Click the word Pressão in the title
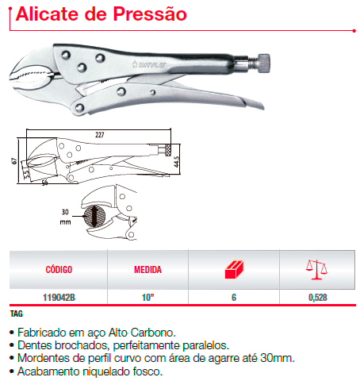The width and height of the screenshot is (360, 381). coord(150,14)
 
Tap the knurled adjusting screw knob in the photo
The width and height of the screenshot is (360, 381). coord(263,63)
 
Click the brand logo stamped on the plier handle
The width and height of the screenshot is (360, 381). coord(149,64)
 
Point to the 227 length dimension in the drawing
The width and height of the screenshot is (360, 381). coord(100,135)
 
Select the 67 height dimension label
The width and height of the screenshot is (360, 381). coord(14,161)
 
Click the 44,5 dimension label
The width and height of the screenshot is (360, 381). coord(176,161)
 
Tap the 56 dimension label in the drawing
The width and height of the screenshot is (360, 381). coord(44,183)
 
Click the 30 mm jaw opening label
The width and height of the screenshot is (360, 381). coord(65,217)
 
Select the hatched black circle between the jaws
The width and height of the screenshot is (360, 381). coord(94,216)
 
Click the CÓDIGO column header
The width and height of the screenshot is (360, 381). coord(59,270)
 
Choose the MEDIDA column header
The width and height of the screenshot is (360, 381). coord(147,270)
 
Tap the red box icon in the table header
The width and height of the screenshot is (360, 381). coord(234,269)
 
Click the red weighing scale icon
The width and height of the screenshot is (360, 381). coord(316,269)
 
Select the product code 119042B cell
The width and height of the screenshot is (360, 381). coord(59,298)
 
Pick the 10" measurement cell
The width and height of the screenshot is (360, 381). coord(147,297)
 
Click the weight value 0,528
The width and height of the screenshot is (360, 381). coord(318,298)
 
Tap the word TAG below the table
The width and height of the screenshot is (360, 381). coord(17,314)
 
